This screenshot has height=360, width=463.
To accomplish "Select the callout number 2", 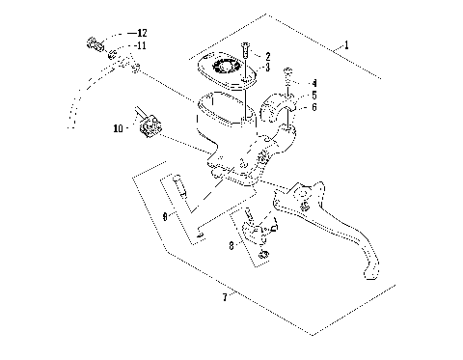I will click(x=267, y=57).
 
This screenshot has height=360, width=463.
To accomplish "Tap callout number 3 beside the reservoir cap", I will click(x=267, y=69).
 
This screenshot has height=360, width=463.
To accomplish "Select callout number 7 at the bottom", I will click(x=224, y=297).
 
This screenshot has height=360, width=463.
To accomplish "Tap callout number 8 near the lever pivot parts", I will click(x=231, y=246).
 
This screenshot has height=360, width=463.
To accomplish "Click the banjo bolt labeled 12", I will click(x=95, y=42).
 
